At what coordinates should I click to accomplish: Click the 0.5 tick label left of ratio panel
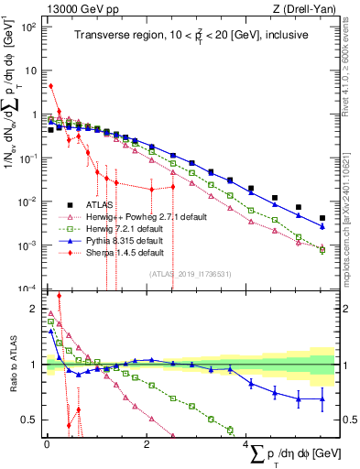28,420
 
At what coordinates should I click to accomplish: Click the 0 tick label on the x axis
47,444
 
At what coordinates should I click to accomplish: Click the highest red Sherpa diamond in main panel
51,86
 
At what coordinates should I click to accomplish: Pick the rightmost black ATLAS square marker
322,219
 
